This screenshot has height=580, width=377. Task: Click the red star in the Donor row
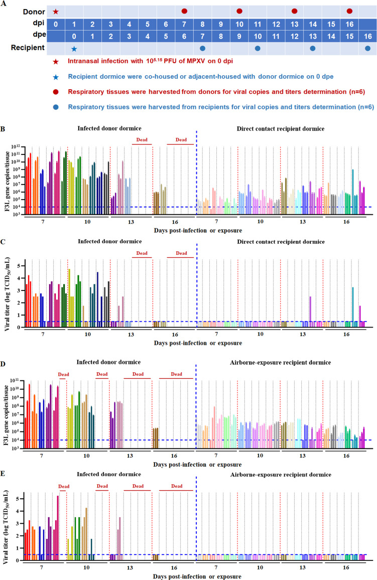56,12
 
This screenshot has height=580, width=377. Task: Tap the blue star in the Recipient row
74,49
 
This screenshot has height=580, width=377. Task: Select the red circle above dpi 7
184,11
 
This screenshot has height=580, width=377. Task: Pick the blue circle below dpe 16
367,49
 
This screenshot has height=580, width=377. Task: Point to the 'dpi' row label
39,23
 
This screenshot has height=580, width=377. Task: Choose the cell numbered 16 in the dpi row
349,25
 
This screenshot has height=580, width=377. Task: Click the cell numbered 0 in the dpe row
74,36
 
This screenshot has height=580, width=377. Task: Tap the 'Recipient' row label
28,48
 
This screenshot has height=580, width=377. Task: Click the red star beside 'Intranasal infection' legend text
56,61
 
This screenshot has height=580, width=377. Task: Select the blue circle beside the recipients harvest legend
56,107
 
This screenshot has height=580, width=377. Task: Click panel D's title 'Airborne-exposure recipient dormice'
280,362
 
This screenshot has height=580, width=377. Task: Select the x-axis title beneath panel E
197,576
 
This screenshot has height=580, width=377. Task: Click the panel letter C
3,242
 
